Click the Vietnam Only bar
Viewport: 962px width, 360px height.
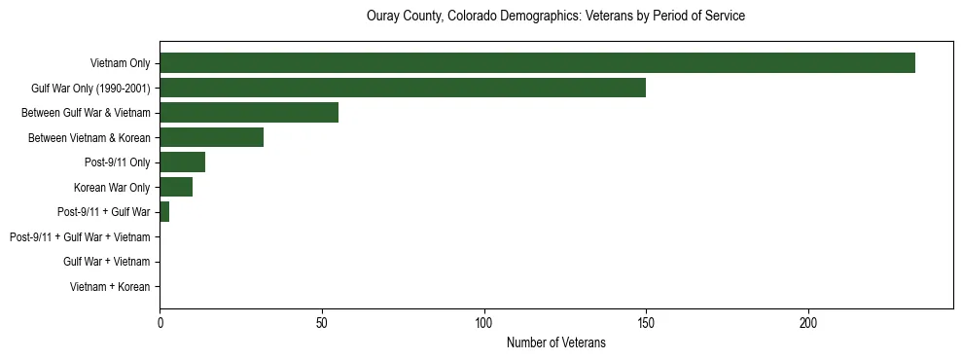click(537, 63)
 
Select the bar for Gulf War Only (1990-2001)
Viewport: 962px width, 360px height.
click(403, 88)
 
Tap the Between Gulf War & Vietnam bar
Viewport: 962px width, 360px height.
click(249, 113)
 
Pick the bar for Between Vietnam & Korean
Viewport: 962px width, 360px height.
click(211, 137)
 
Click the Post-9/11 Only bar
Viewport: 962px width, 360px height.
click(182, 162)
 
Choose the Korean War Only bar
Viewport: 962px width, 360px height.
click(176, 187)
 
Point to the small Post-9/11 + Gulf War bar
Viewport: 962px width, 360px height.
click(164, 212)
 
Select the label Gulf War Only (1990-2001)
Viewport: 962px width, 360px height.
click(91, 89)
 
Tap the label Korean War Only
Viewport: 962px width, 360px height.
click(112, 188)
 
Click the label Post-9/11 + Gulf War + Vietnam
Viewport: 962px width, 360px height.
click(80, 237)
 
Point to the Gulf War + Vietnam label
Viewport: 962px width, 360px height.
click(106, 262)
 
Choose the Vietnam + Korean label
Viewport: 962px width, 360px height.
click(110, 287)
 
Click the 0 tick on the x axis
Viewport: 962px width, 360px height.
click(160, 322)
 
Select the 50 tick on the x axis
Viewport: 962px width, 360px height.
click(322, 322)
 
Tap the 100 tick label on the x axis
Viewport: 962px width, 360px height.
click(484, 322)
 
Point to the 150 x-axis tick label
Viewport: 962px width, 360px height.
click(646, 322)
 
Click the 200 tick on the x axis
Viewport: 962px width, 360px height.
click(808, 322)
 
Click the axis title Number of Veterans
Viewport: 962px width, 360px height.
click(555, 342)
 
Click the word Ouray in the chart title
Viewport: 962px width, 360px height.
click(382, 17)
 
